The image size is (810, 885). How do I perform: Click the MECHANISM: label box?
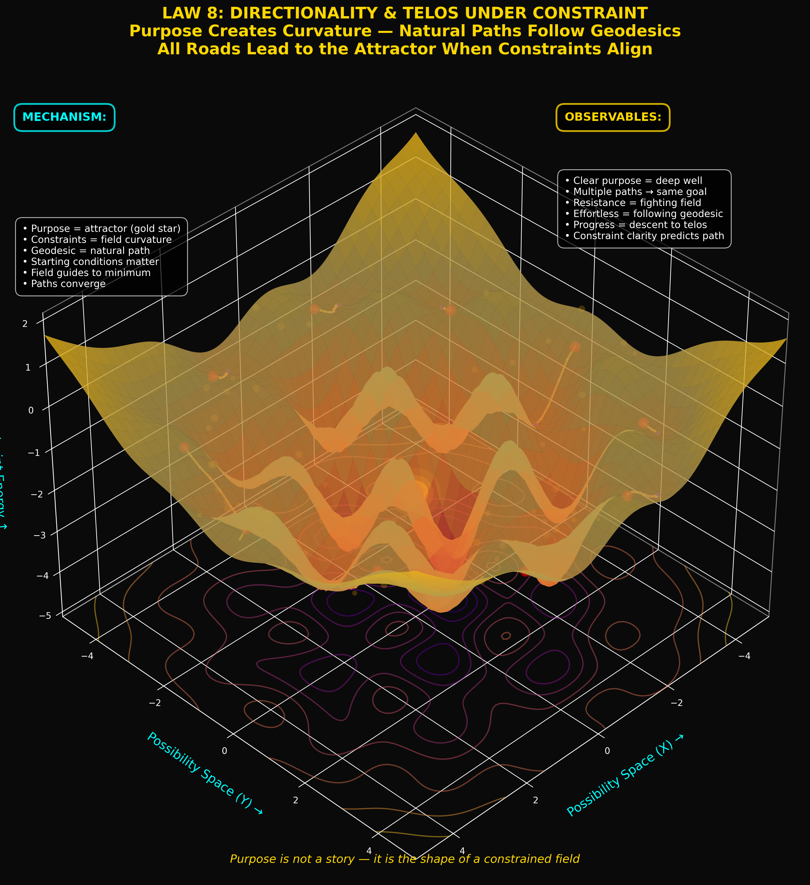64,117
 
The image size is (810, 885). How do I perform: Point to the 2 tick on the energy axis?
25,324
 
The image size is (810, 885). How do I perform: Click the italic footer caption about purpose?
404,859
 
